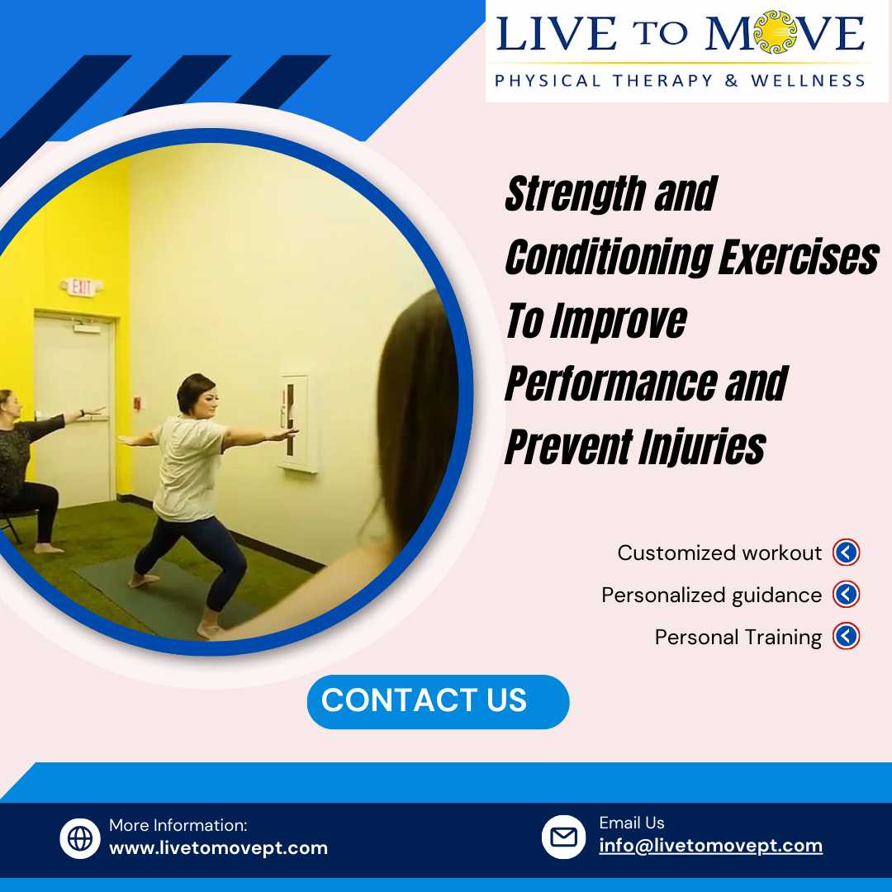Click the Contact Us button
438,701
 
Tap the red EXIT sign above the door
81,287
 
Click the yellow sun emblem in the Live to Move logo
775,32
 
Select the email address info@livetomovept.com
710,846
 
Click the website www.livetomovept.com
218,847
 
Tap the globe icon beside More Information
80,838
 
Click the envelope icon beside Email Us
563,837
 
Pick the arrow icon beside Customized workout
846,553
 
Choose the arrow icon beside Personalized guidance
846,595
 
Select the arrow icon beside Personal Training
846,637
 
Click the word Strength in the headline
575,195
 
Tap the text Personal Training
738,637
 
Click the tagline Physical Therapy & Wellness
680,80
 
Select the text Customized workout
719,553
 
